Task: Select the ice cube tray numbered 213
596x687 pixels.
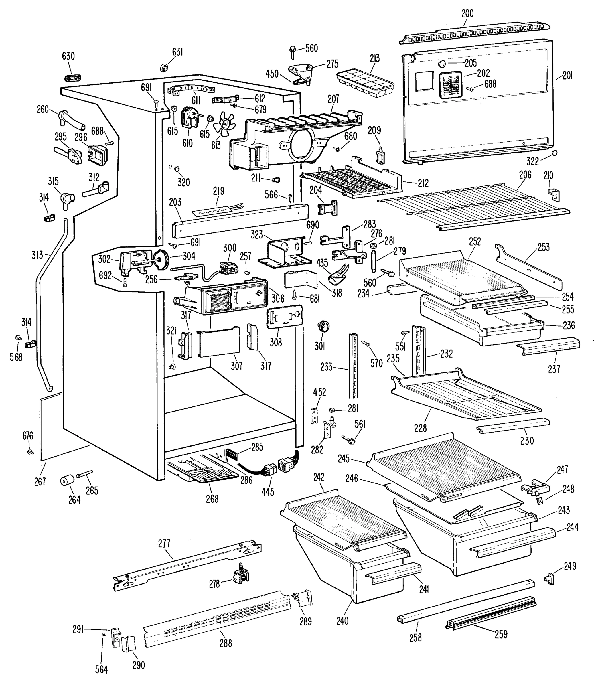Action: pyautogui.click(x=365, y=83)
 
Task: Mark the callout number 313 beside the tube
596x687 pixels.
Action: pyautogui.click(x=37, y=255)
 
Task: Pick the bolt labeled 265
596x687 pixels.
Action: pyautogui.click(x=84, y=474)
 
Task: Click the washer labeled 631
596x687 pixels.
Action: pyautogui.click(x=164, y=68)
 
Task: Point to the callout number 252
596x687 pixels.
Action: pyautogui.click(x=475, y=241)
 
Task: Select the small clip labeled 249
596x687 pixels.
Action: pyautogui.click(x=549, y=579)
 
